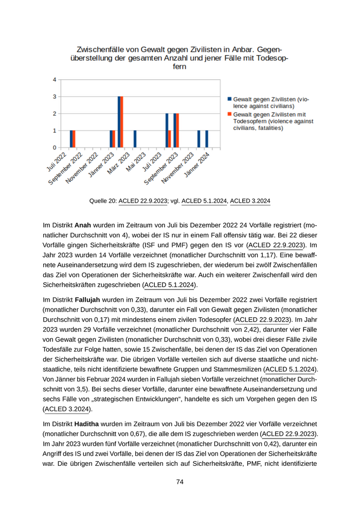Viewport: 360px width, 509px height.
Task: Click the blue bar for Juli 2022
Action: tap(71, 139)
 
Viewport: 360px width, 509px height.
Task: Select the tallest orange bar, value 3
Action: tap(122, 122)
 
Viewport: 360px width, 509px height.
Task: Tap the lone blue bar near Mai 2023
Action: tap(135, 139)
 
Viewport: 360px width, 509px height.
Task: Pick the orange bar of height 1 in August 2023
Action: tap(170, 139)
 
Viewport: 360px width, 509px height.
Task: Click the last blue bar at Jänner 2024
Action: tap(207, 139)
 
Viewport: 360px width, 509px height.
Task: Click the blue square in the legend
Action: tap(229, 98)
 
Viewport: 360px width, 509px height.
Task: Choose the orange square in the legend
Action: tap(229, 114)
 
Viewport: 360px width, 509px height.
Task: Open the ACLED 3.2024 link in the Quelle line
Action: tap(250, 201)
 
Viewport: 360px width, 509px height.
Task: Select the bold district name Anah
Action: tap(83, 225)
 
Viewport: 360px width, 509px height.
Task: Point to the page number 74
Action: tap(180, 482)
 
